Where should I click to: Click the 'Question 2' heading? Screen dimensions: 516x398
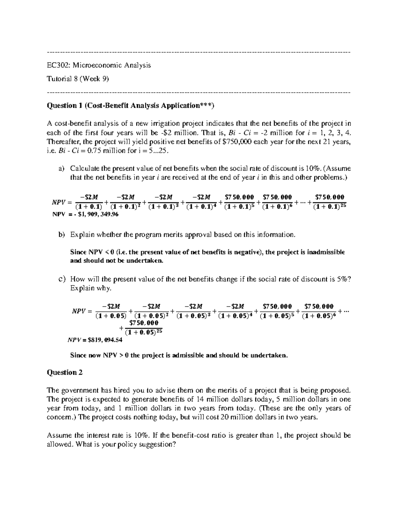pyautogui.click(x=65, y=372)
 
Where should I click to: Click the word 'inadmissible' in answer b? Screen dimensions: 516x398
pyautogui.click(x=326, y=252)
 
